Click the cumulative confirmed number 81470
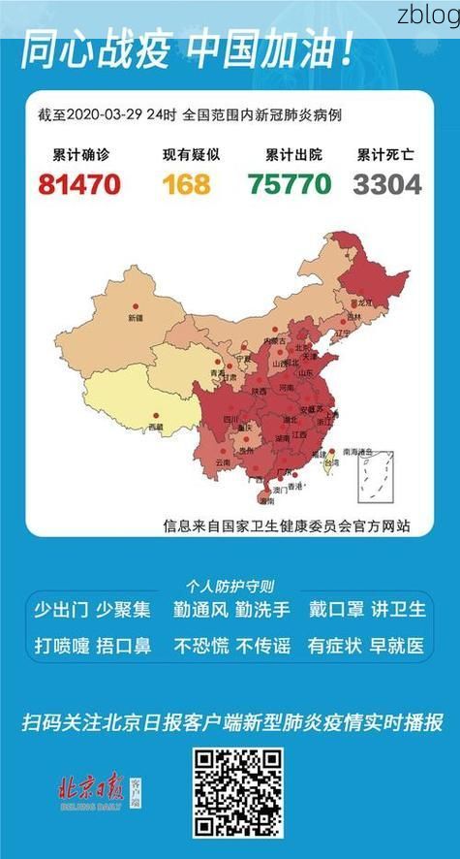pyautogui.click(x=79, y=183)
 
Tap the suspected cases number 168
pyautogui.click(x=186, y=183)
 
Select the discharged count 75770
pyautogui.click(x=288, y=183)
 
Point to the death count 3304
pyautogui.click(x=387, y=183)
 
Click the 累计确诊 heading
pyautogui.click(x=78, y=155)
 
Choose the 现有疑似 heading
pyautogui.click(x=186, y=155)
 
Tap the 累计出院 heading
pyautogui.click(x=289, y=155)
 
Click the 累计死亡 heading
pyautogui.click(x=387, y=155)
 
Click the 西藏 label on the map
pyautogui.click(x=155, y=427)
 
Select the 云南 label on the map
pyautogui.click(x=223, y=462)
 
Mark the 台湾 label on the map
pyautogui.click(x=330, y=464)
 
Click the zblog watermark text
pyautogui.click(x=427, y=16)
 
